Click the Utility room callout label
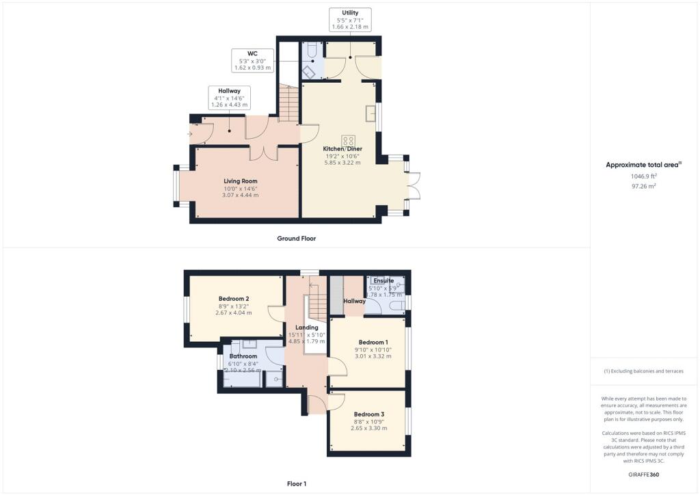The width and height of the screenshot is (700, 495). pos(350,20)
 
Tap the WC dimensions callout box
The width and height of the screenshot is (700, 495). pos(252,61)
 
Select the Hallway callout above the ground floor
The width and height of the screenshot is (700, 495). pos(230,97)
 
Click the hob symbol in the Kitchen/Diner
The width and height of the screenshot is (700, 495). pos(349,141)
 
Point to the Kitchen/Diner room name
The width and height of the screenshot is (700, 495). pos(343,148)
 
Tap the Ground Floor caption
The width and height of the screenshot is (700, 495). pos(296,239)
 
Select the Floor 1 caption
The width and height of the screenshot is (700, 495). pos(296,483)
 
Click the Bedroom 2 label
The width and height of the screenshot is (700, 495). pos(233,298)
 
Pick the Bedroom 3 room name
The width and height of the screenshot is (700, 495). pos(368,414)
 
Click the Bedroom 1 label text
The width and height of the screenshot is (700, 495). pos(373,342)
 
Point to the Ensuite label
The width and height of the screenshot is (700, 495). pos(383,280)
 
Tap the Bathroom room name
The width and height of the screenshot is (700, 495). pos(243,356)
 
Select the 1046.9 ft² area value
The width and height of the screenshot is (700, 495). pos(644,176)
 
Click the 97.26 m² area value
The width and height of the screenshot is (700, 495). pos(644,185)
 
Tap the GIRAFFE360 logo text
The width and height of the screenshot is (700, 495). pos(645,474)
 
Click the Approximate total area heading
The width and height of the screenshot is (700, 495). pos(644,165)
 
